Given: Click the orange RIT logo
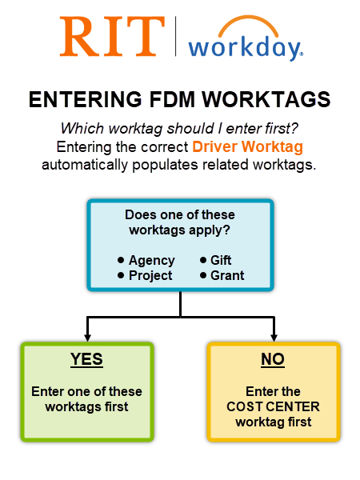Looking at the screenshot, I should tap(112, 38).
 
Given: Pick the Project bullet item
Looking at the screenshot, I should tap(150, 275).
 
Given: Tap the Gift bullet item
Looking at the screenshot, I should tap(221, 261).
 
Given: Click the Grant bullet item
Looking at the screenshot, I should tap(227, 275).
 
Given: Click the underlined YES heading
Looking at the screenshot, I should tap(86, 360).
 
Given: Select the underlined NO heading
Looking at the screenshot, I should tap(273, 360).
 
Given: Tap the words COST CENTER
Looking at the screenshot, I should tap(273, 406).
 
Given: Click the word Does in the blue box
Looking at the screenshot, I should tap(141, 215).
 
